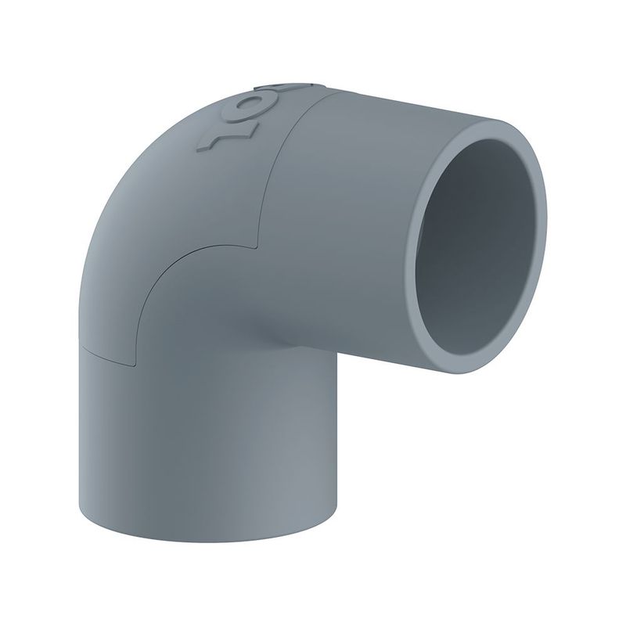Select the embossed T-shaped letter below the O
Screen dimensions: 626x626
(x=218, y=138)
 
